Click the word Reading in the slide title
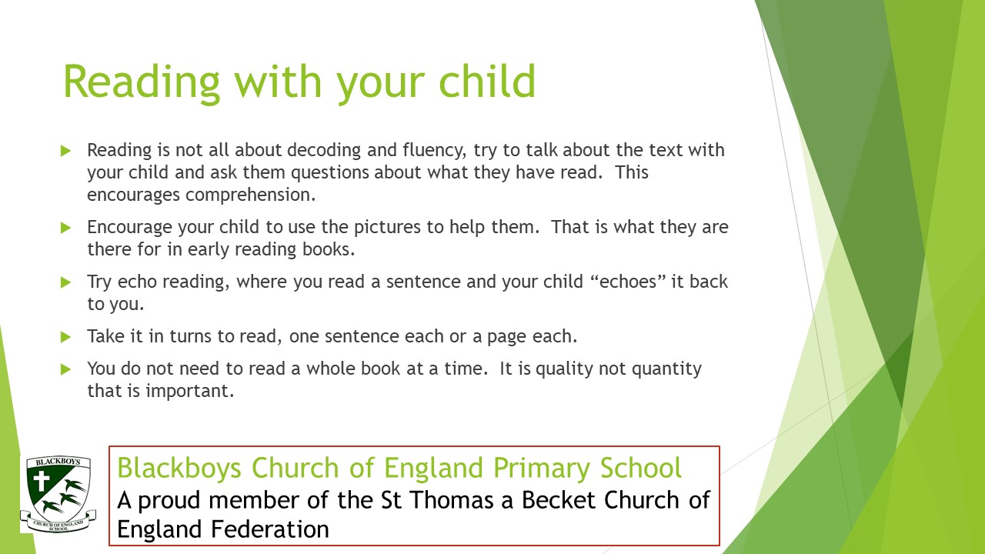[142, 83]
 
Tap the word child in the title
[487, 82]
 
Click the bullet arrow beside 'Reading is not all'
[66, 151]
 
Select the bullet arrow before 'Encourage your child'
[66, 228]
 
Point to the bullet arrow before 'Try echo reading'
[66, 282]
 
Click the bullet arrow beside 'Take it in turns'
[66, 337]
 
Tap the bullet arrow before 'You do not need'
[66, 369]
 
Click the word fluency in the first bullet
[435, 151]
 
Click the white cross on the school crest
[42, 481]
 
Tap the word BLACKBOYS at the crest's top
[58, 462]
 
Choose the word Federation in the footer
[269, 529]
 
